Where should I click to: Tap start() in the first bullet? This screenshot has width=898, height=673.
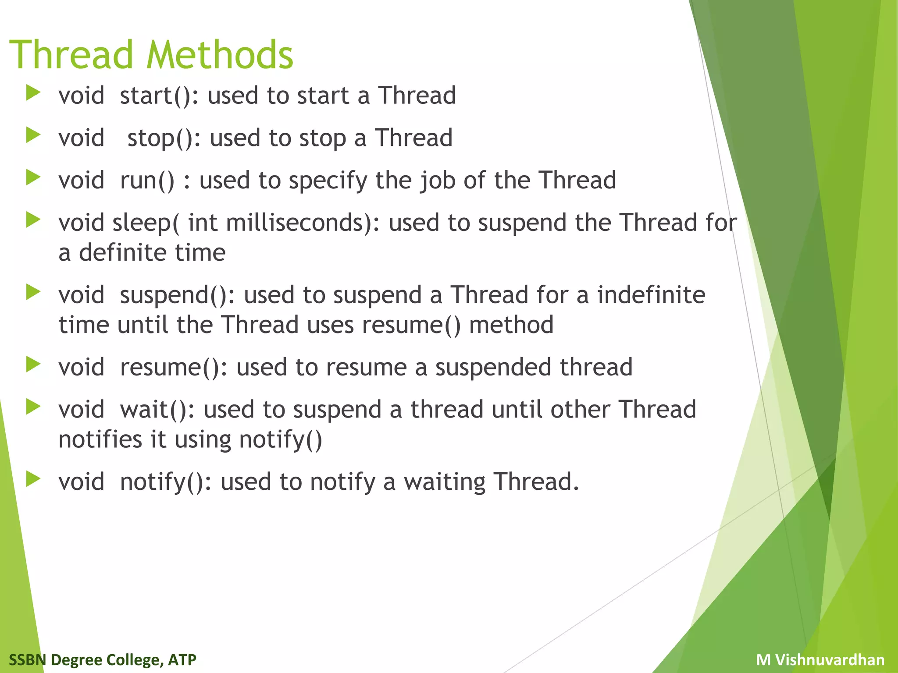coord(156,96)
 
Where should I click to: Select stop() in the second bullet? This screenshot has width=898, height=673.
coord(160,138)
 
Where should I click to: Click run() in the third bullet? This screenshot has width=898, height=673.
coord(147,181)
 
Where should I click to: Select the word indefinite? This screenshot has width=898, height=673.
coord(651,295)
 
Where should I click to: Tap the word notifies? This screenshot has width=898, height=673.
coord(100,439)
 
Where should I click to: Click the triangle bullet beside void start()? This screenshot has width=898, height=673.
coord(33,93)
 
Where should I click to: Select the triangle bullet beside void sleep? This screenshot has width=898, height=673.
coord(33,220)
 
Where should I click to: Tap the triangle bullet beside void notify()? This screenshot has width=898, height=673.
coord(33,479)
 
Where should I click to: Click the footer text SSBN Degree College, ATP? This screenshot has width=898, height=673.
coord(103,659)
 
